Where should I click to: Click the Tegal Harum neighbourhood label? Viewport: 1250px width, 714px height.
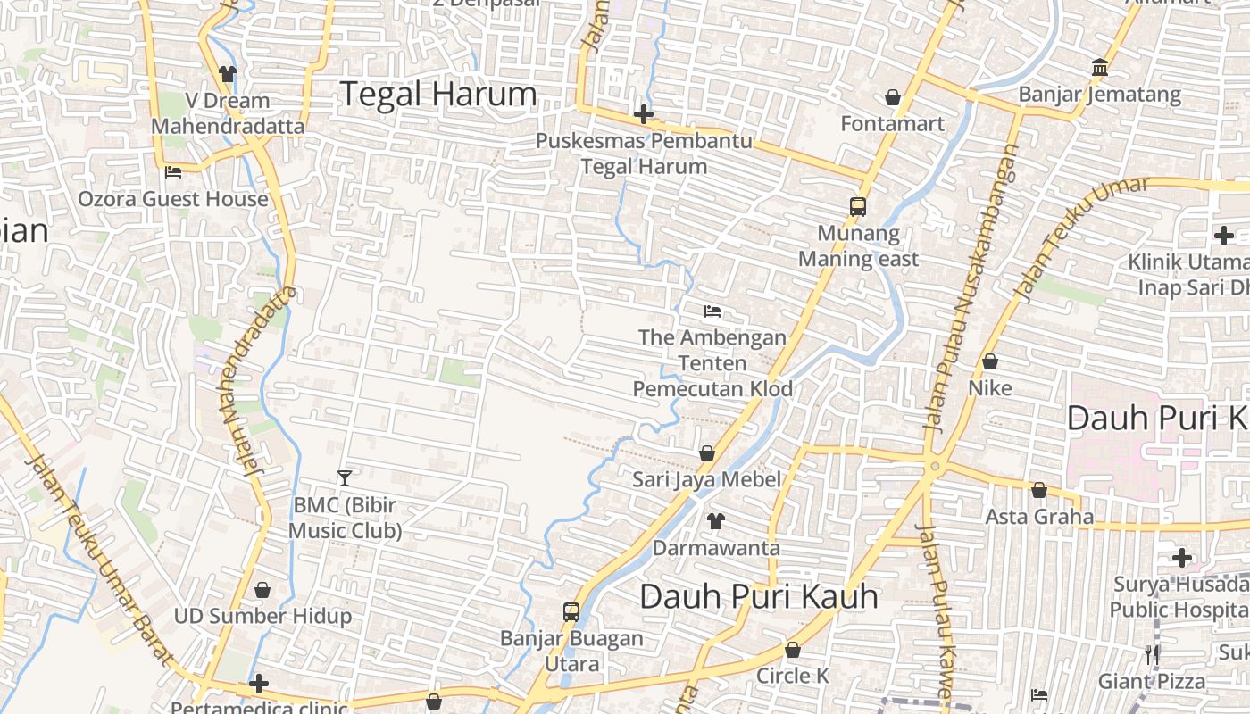pos(438,94)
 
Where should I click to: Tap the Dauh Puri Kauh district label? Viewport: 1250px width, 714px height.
pos(759,596)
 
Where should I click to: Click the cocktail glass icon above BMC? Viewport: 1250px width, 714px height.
pos(344,477)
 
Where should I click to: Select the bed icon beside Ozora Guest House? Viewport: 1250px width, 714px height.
pos(173,171)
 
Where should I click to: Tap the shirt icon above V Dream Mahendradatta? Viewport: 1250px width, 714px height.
pos(227,73)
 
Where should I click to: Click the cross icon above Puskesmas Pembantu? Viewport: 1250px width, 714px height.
pos(643,114)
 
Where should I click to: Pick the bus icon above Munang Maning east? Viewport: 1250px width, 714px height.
pos(858,207)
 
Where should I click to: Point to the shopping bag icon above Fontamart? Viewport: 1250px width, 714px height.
pos(892,97)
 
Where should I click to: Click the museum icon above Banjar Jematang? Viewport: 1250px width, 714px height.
pos(1100,68)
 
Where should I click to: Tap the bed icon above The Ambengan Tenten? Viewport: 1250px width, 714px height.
pos(712,311)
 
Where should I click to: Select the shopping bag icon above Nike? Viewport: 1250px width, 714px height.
pos(989,362)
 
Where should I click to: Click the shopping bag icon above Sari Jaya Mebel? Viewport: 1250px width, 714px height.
pos(706,453)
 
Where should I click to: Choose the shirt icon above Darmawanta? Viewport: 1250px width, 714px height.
pos(715,521)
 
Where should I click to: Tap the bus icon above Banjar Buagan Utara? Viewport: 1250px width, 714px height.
pos(571,612)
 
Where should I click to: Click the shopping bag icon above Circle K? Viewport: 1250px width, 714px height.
pos(792,650)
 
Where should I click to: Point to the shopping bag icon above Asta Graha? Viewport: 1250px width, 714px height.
pos(1038,490)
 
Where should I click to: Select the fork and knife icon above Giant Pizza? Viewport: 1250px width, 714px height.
pos(1152,655)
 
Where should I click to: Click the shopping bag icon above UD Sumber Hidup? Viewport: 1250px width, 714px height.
pos(262,590)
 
